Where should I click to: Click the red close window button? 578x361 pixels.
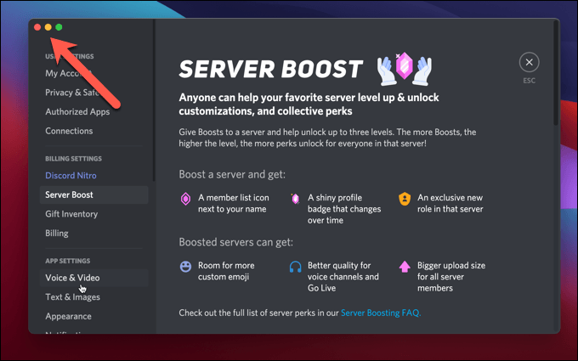(x=37, y=27)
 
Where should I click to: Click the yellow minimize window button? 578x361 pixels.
(x=48, y=27)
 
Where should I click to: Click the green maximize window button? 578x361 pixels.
(x=59, y=27)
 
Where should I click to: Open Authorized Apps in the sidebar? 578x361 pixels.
(x=77, y=111)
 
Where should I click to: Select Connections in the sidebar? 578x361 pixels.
(x=69, y=131)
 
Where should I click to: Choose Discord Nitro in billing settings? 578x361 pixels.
(x=71, y=176)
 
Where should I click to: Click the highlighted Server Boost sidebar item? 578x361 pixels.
(x=70, y=195)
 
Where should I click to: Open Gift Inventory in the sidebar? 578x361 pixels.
(x=71, y=214)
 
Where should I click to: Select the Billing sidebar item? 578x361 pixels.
(x=57, y=233)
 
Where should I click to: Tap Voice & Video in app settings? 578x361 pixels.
(x=72, y=278)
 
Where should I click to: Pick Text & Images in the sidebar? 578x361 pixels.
(x=72, y=297)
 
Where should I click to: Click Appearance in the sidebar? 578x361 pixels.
(x=68, y=316)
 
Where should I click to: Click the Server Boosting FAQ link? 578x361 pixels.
(x=380, y=313)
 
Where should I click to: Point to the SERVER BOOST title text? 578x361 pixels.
(x=273, y=70)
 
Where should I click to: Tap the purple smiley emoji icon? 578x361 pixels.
(x=185, y=266)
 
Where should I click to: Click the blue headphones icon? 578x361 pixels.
(x=295, y=266)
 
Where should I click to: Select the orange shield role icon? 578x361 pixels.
(x=405, y=199)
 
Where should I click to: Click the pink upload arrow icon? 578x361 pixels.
(x=405, y=266)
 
